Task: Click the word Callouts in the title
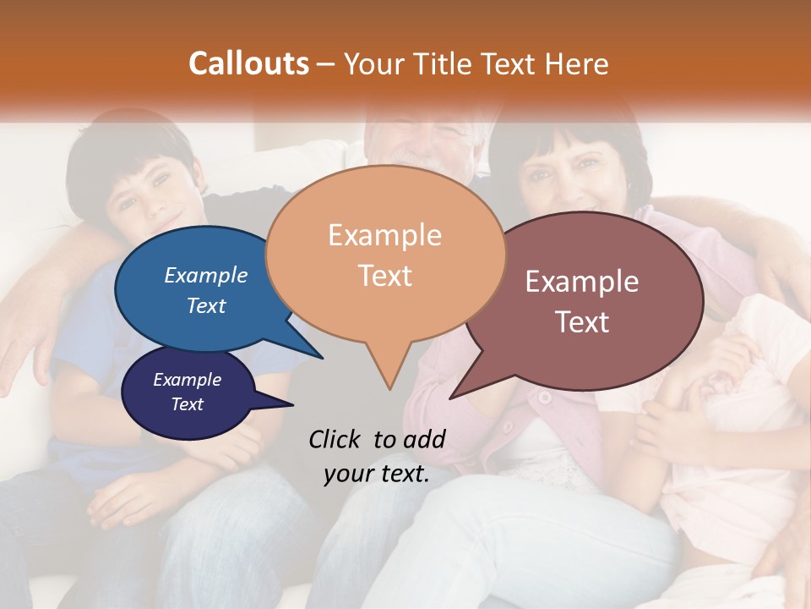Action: coord(248,63)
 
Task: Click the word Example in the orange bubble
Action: coord(384,235)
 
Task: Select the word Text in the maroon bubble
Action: coord(582,322)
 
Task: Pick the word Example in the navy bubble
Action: coord(188,380)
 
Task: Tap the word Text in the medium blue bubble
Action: coord(206,306)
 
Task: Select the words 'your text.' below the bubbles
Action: coord(376,475)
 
